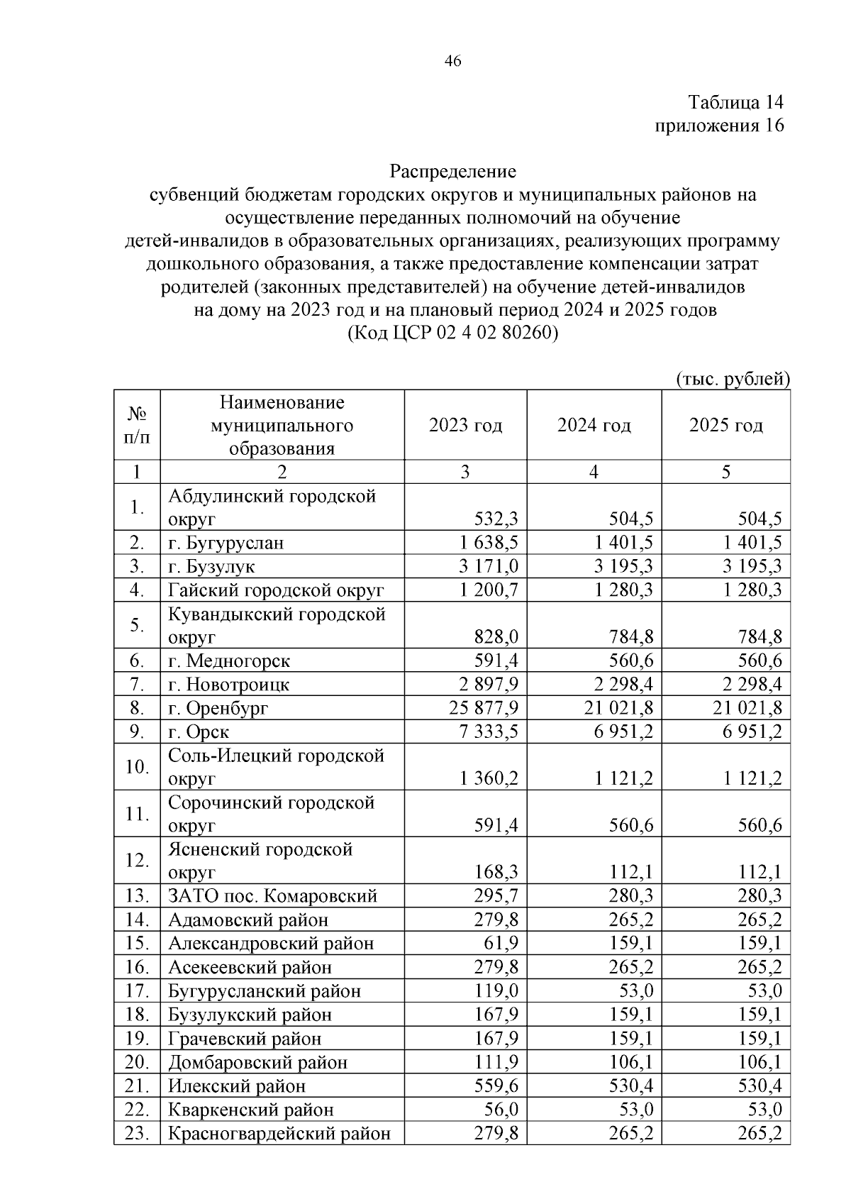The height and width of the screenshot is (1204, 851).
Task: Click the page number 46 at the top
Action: (452, 61)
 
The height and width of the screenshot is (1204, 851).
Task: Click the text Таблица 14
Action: (736, 102)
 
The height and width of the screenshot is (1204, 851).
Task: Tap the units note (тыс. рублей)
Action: (733, 379)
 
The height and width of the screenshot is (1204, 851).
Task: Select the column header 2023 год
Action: (465, 426)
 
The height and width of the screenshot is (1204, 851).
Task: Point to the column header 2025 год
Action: (725, 426)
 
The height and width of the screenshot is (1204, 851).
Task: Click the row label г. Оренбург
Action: (218, 708)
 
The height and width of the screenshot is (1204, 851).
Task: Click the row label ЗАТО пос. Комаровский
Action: (272, 896)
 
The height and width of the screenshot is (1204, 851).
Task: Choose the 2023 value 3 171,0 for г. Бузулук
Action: (489, 566)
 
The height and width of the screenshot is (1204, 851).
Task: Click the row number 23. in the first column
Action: (137, 1133)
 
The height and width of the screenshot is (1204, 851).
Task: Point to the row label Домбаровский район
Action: (258, 1062)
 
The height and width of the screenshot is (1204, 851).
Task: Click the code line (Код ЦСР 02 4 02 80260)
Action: (452, 333)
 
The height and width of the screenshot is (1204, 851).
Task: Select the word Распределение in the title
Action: (452, 171)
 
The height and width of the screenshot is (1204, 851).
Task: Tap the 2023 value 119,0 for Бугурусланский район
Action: (496, 991)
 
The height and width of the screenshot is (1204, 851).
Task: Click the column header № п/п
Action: (137, 425)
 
